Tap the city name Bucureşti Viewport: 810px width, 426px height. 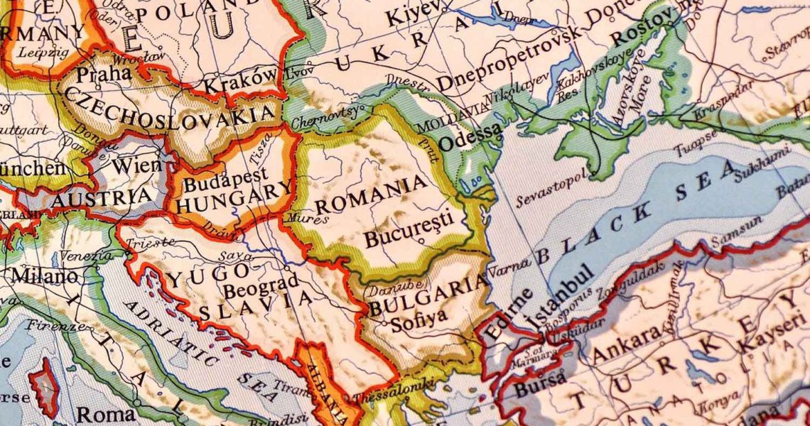click(x=408, y=234)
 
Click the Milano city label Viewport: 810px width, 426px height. click(x=44, y=275)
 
